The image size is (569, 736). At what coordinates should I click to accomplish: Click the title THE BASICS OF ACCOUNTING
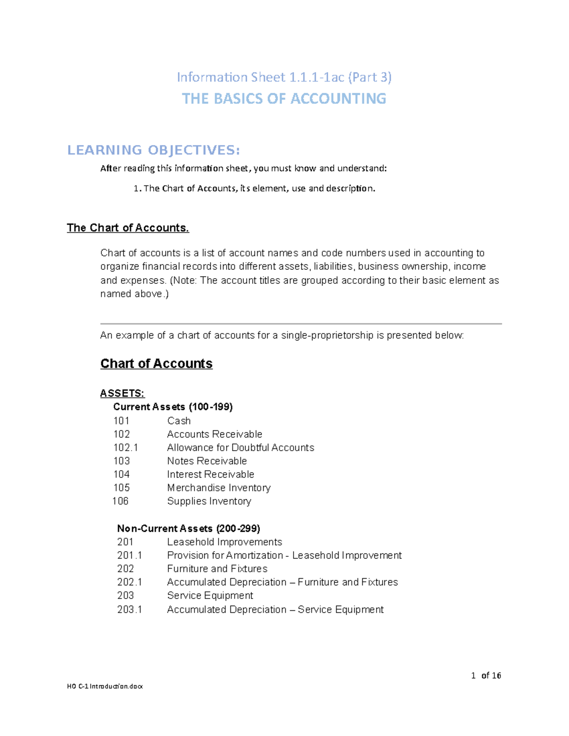coord(284,99)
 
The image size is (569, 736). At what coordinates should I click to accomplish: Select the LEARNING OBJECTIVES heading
coord(154,150)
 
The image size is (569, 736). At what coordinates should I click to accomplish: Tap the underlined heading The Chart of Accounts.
coord(128,228)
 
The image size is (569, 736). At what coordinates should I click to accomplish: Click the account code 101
coord(121,421)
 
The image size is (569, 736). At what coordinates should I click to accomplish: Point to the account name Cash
coord(179,421)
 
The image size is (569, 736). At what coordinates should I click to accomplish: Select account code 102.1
coord(126,447)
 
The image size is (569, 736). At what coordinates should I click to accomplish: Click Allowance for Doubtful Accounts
coord(240,447)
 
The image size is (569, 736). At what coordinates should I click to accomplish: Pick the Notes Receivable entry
coord(207,461)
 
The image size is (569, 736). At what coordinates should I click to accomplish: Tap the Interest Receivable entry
coord(211,474)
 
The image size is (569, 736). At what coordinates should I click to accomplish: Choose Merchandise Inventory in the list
coord(219,488)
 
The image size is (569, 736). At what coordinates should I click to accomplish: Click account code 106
coord(120,501)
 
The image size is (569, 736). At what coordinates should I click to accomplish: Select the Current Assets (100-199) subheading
coord(173,407)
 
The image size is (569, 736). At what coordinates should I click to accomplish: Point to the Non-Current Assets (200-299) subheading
coord(188,528)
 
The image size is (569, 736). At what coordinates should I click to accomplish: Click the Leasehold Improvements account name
coord(224,542)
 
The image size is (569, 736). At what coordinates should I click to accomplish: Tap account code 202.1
coord(129,582)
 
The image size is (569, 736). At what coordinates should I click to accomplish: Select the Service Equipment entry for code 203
coord(210,595)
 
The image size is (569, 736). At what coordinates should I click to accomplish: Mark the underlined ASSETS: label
coord(122,393)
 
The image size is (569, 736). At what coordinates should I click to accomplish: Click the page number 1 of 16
coord(486,675)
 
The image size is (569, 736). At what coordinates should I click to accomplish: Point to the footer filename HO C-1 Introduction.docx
coord(105,686)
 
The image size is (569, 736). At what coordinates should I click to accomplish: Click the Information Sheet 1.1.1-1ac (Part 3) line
coord(284,77)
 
